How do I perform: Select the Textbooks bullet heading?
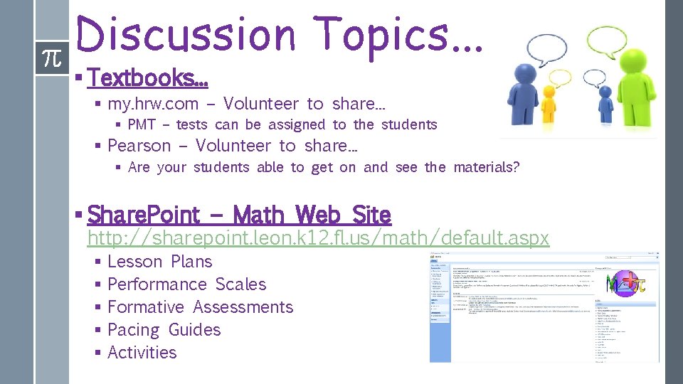[x=147, y=77]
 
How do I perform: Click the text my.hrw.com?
[x=153, y=104]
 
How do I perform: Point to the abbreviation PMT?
[x=142, y=125]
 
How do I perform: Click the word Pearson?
[x=139, y=146]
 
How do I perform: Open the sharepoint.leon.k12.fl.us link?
[x=318, y=238]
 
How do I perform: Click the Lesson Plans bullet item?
[x=159, y=262]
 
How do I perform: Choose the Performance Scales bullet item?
[x=186, y=284]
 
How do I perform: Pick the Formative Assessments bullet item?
[x=200, y=307]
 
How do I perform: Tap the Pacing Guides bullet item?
[x=164, y=330]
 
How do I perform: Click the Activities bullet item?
[x=142, y=353]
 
